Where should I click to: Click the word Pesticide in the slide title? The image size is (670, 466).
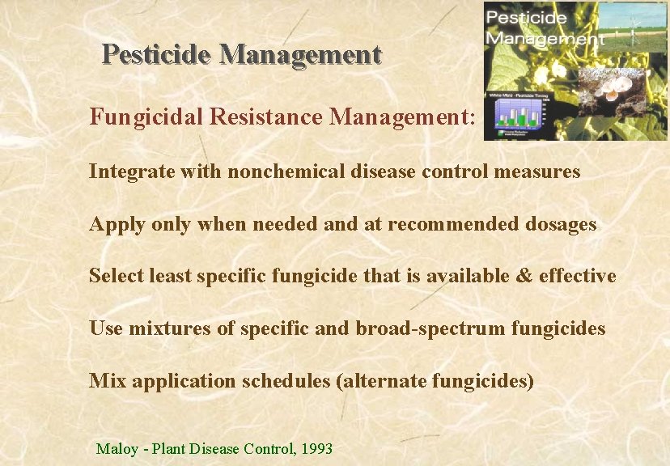coord(157,54)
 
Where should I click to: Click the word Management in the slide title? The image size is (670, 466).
coord(300,54)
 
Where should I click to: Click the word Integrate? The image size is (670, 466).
coord(125,172)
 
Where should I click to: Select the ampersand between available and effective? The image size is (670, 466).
coord(524,276)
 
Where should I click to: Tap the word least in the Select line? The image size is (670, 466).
coord(167,276)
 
